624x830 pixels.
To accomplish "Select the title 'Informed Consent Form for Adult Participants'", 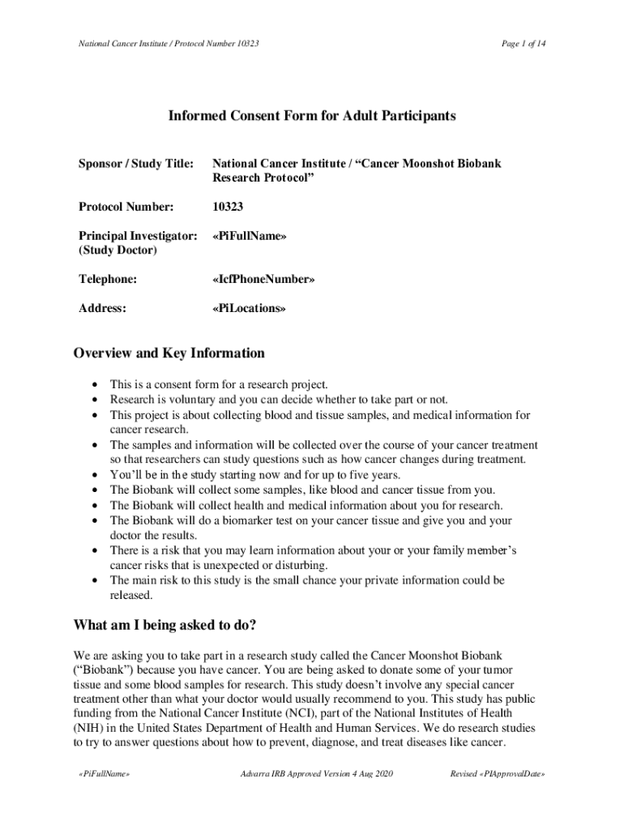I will point(312,116).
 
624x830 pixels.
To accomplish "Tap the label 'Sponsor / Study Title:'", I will point(135,164).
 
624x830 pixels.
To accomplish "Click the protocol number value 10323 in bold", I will point(230,207).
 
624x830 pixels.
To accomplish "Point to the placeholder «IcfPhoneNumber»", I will point(263,279).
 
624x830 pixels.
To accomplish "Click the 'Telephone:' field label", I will point(108,279).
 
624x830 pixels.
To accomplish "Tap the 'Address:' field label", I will point(102,308).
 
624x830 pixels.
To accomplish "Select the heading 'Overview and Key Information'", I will point(169,353).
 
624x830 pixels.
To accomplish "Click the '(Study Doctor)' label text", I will point(118,250).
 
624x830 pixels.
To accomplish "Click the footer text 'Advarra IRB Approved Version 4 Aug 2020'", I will point(312,774).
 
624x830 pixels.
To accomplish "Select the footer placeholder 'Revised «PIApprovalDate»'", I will point(497,774).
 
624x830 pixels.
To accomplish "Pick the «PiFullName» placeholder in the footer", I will point(102,774).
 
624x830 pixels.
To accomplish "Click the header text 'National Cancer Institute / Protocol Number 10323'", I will point(169,42).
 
